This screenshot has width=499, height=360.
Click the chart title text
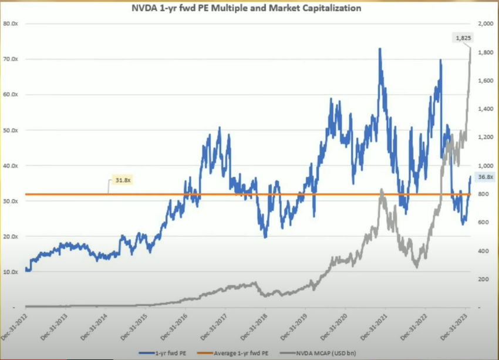pos(247,9)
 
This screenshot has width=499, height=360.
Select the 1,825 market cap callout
pos(461,38)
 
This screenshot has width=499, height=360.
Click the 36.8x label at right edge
pos(485,177)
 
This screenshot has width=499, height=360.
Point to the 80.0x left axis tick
pos(10,24)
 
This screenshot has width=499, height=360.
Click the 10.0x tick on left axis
pos(10,272)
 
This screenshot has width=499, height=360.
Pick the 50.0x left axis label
pos(10,130)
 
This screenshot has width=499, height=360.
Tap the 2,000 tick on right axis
pos(485,24)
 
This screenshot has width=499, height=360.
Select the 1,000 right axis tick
pos(485,166)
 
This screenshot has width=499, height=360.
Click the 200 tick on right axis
pos(483,279)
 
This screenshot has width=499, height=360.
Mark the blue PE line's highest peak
pos(380,49)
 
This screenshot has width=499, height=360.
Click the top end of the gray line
pos(470,48)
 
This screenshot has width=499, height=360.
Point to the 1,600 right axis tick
pos(485,80)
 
